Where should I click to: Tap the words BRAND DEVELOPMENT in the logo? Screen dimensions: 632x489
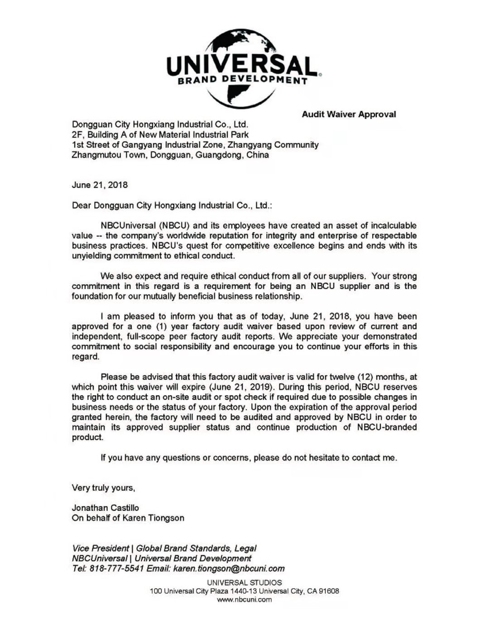(x=242, y=81)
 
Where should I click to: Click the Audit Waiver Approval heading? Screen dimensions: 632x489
(x=349, y=114)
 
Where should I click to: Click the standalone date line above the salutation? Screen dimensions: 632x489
(x=100, y=185)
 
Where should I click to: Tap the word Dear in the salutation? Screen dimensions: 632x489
(x=81, y=205)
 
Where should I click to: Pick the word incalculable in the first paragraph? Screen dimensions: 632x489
(x=393, y=226)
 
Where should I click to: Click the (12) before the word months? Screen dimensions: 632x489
(x=365, y=377)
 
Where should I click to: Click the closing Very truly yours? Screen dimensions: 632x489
(x=103, y=488)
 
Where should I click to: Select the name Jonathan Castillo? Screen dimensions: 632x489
(x=105, y=508)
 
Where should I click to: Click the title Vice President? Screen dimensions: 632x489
(x=100, y=548)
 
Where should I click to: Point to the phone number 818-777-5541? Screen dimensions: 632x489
(x=117, y=569)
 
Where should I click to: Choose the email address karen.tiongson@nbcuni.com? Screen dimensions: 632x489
(x=229, y=569)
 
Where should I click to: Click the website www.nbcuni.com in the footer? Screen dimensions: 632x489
(x=244, y=599)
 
